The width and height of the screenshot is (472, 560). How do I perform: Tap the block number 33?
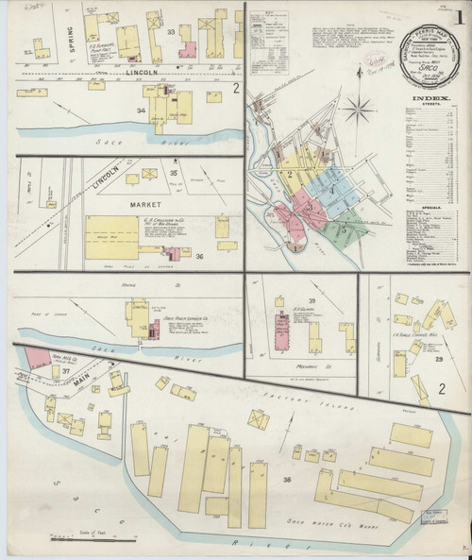[x=172, y=32]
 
